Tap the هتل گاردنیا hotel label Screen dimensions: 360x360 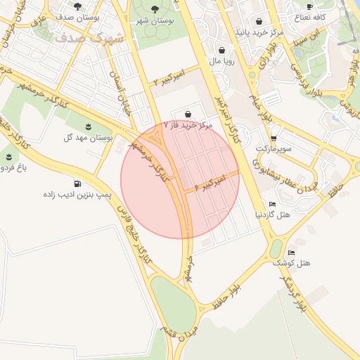point(273,214)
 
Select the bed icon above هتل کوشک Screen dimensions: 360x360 point(292,252)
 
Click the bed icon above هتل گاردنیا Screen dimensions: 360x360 point(273,204)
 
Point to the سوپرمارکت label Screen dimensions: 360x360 point(274,150)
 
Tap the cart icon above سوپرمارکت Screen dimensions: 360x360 point(274,139)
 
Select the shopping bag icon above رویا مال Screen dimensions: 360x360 point(222,50)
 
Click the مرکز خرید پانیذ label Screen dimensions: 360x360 point(260,32)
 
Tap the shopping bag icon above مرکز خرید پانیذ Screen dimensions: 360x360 point(259,21)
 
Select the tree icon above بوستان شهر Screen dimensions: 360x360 point(155,8)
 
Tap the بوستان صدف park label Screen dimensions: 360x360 point(77,16)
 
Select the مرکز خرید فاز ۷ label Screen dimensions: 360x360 point(188,124)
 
